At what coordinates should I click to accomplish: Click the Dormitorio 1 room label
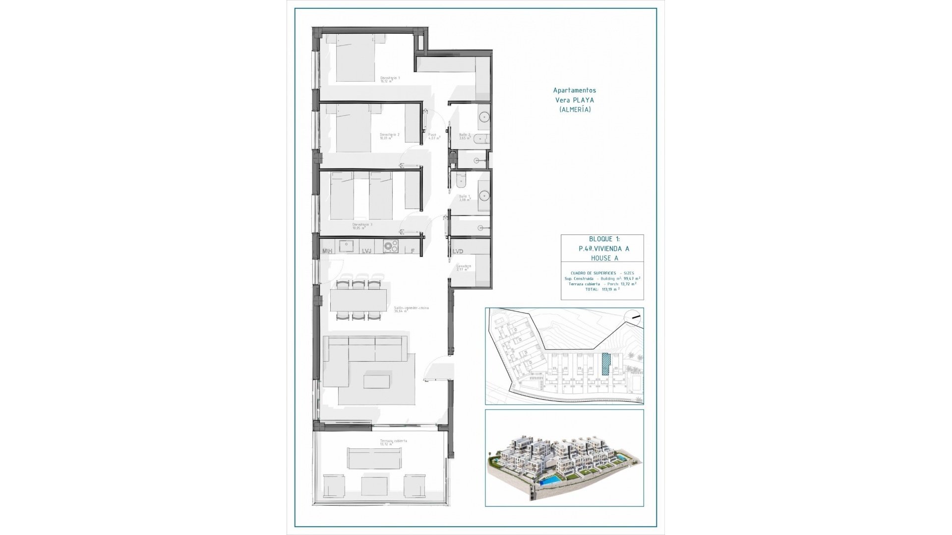coord(389,78)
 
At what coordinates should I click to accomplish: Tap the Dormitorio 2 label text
coord(389,135)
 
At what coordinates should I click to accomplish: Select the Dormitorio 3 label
coord(362,225)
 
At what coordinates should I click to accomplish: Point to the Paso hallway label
coord(432,135)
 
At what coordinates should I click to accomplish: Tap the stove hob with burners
coord(391,246)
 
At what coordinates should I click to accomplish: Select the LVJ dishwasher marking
coord(366,251)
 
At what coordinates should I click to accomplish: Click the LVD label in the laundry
coord(458,251)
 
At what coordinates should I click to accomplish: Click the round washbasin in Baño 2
coord(484,117)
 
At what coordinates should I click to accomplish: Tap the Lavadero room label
coord(464,267)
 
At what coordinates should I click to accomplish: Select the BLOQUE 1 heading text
coord(601,239)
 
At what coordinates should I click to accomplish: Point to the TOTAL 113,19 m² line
coord(602,289)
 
